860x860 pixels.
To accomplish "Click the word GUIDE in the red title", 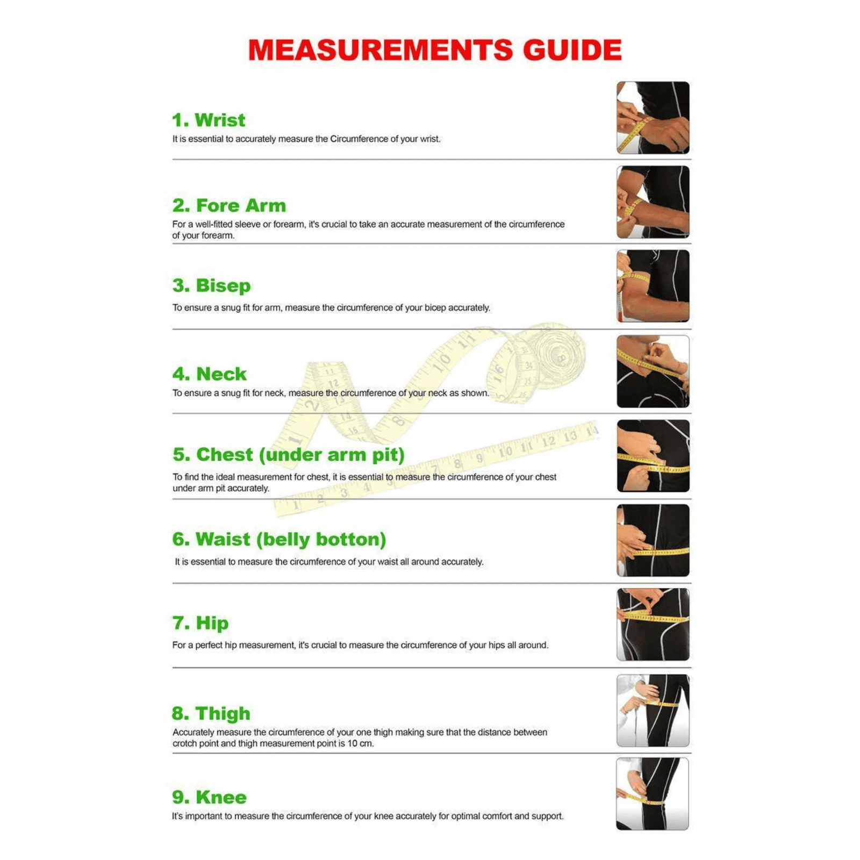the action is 572,50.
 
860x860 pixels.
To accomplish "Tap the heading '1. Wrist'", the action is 209,120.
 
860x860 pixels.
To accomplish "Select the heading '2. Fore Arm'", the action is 229,205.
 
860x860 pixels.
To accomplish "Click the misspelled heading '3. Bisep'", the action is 211,286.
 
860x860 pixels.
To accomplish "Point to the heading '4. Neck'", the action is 209,374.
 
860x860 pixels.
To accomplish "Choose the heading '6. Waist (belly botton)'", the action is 279,539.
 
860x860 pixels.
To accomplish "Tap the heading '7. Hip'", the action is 200,623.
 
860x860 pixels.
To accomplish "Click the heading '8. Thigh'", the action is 211,713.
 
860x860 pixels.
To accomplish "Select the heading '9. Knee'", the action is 209,797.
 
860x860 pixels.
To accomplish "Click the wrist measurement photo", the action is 653,118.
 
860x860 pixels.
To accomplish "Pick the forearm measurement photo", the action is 653,202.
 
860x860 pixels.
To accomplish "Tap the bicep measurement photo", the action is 653,286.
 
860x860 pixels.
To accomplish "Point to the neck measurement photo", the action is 653,371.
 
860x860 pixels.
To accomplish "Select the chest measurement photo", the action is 653,456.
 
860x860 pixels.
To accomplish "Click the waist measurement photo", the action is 653,540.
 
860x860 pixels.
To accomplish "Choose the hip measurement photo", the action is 653,624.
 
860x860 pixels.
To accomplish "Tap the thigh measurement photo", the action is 653,711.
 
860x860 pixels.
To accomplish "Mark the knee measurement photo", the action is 652,794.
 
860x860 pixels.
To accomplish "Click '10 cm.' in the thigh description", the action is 361,743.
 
